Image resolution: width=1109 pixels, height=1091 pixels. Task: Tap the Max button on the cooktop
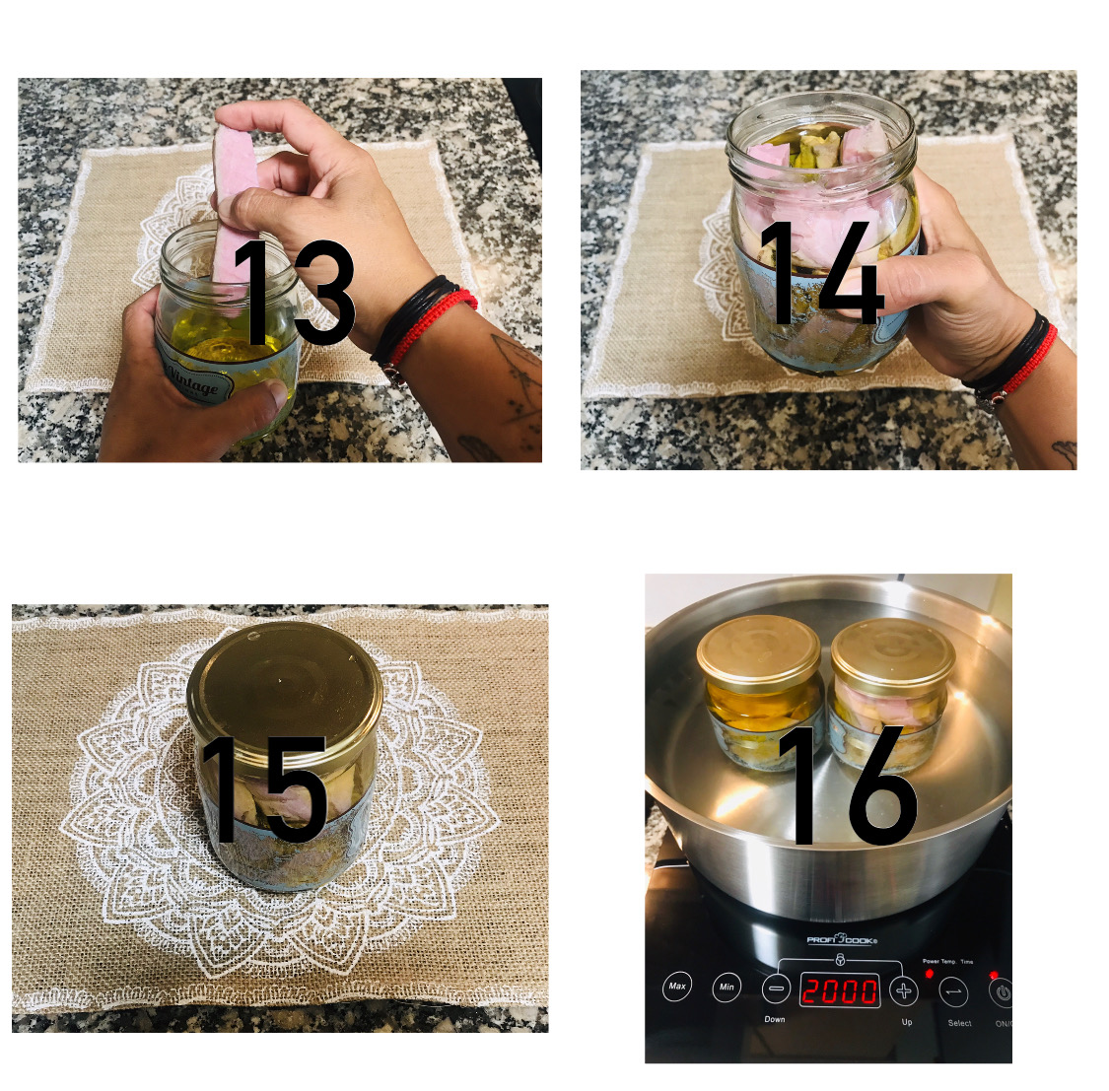click(677, 987)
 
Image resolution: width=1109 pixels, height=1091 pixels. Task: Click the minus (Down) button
click(776, 989)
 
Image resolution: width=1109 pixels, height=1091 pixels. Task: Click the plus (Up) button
click(903, 989)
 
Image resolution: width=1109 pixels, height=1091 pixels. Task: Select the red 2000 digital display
click(839, 990)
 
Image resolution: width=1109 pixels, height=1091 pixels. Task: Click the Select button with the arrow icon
click(954, 992)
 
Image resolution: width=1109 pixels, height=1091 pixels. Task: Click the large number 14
click(821, 274)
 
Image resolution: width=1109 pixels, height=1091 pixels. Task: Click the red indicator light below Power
click(929, 974)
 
